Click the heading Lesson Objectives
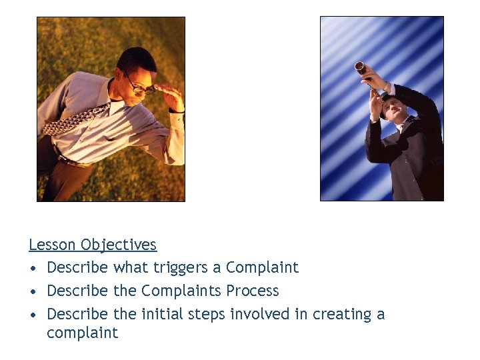(93, 245)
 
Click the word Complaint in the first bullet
(262, 268)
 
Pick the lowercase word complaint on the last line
(82, 333)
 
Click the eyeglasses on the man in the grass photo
(141, 85)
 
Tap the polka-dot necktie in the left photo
(77, 120)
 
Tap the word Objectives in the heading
(119, 245)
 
